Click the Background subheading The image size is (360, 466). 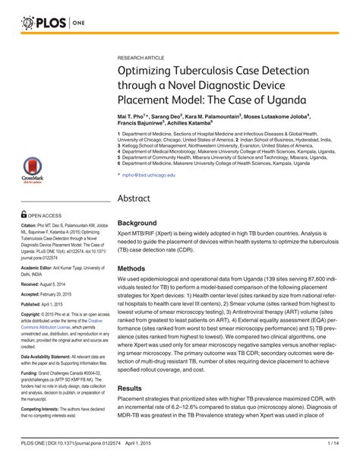coord(137,223)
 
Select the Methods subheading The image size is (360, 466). coord(133,268)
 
